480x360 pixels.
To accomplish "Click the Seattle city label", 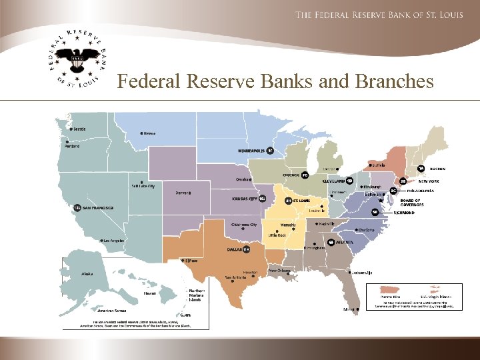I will point(79,129).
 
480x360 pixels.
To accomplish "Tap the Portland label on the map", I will point(72,146).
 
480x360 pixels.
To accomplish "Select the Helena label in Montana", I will point(149,133).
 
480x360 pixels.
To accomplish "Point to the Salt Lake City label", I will point(143,186).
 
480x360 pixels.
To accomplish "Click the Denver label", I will point(181,193).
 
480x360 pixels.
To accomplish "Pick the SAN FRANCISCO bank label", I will point(97,208).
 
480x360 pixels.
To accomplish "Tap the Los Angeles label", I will point(114,240).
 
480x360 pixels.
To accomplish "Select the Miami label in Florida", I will point(349,309).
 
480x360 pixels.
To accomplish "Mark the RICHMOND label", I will point(404,213).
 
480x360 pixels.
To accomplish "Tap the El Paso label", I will point(191,261).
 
